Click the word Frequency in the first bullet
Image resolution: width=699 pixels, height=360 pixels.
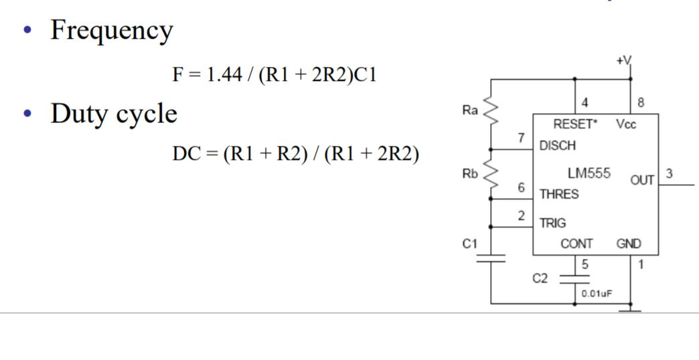coord(111,31)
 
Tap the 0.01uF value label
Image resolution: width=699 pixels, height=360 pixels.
coord(596,293)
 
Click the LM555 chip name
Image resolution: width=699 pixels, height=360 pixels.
coord(589,173)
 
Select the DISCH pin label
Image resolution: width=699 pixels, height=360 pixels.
coord(557,145)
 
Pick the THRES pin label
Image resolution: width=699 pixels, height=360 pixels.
coord(559,195)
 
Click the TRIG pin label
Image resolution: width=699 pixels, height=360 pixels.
coord(552,223)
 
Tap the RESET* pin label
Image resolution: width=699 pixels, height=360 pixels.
coord(574,124)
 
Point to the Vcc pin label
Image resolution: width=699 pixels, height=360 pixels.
coord(627,124)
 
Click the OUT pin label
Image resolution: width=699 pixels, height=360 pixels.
coord(642,180)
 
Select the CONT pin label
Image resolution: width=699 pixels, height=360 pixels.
coord(576,244)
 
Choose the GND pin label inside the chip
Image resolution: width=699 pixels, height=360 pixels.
coord(628,244)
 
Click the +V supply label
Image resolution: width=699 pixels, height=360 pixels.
coord(623,61)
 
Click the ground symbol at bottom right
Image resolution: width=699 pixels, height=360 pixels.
coord(630,308)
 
